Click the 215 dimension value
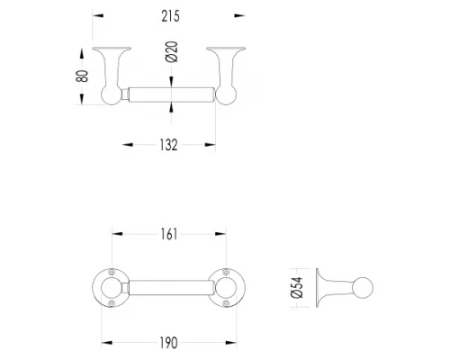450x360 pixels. (170, 16)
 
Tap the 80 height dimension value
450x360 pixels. (82, 76)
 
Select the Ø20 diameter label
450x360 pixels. (172, 51)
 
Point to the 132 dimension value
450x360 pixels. (168, 145)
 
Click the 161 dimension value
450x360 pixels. (169, 234)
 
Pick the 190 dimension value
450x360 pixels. (168, 343)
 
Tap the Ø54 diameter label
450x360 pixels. (297, 288)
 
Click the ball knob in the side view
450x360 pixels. (363, 288)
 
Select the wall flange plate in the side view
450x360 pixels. (317, 288)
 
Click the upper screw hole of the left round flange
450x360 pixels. (112, 272)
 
